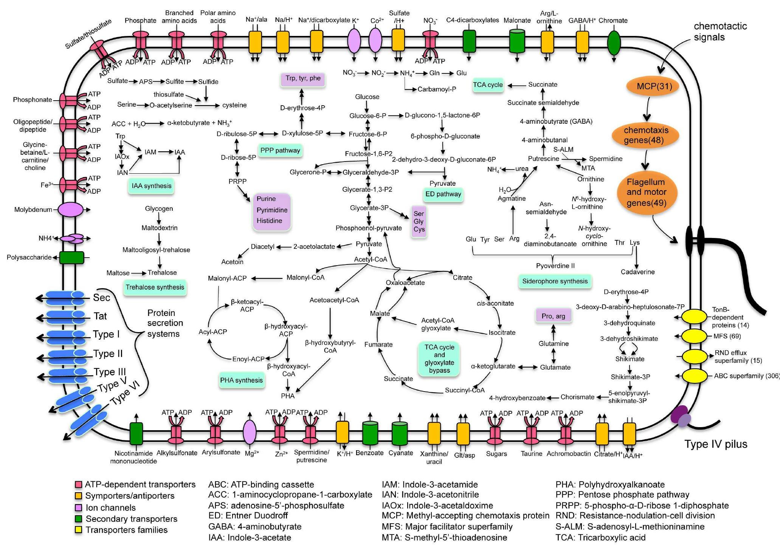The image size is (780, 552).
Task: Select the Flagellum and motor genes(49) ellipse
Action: click(x=646, y=193)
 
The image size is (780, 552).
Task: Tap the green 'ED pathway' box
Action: click(x=443, y=194)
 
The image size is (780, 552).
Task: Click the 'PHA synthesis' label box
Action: click(x=241, y=380)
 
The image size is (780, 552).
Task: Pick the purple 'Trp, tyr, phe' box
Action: click(x=302, y=79)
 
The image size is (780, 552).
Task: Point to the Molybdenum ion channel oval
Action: click(x=71, y=209)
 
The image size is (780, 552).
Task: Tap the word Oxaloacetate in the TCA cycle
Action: click(x=405, y=283)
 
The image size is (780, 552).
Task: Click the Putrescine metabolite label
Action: click(x=543, y=159)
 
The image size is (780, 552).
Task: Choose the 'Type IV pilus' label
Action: click(x=716, y=444)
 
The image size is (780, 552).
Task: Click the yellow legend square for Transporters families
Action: click(x=79, y=530)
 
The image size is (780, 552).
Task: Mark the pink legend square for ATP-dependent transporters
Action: click(x=79, y=484)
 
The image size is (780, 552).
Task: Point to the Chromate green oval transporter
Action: click(x=614, y=42)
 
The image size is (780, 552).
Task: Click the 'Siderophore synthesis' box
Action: click(x=555, y=281)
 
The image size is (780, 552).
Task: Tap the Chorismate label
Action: click(x=577, y=397)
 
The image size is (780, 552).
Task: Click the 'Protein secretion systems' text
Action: click(x=165, y=323)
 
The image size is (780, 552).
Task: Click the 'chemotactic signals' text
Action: click(x=709, y=31)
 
